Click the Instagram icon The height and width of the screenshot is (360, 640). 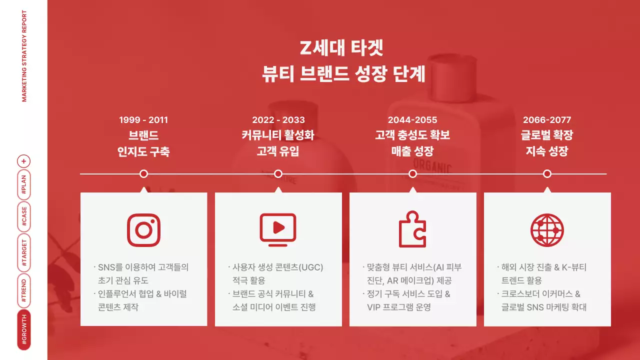coord(143,230)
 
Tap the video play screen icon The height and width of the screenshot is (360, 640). coord(278,228)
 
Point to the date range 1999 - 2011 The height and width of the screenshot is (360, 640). coord(143,120)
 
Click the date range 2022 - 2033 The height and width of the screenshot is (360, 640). coord(278,120)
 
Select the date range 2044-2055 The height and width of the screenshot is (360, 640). coord(412,120)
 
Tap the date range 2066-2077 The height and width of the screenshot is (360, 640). coord(547,120)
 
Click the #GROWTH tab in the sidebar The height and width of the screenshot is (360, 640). coord(24,330)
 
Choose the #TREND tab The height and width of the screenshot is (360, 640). coord(24,292)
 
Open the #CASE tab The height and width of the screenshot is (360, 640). coord(24,216)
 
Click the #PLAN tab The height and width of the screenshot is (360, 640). coord(24,184)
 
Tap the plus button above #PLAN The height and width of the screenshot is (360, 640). coord(24,161)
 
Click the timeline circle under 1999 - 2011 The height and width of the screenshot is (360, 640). coord(143,174)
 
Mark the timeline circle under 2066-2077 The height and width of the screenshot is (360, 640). coord(547,174)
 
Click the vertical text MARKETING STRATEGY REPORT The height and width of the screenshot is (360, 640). coord(24,55)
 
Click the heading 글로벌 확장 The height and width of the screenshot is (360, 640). coord(547,135)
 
